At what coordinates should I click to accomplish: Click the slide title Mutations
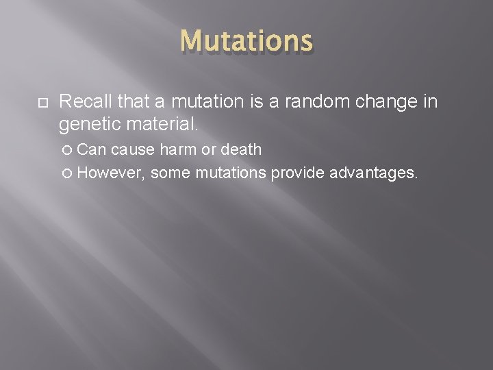pos(246,41)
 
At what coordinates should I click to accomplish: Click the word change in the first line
pos(387,102)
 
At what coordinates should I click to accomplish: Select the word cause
pos(132,149)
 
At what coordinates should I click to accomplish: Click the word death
pos(241,149)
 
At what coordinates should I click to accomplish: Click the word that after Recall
pos(133,102)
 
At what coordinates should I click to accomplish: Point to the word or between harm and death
pos(210,149)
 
